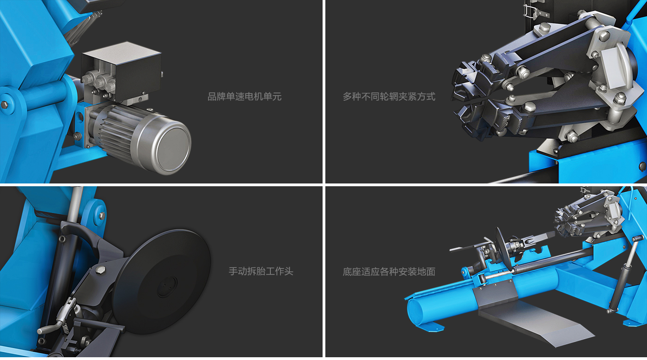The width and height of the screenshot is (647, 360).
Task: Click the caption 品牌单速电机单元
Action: [244, 97]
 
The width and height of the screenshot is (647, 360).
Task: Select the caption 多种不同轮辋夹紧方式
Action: [389, 97]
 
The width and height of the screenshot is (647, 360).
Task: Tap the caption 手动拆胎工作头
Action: [261, 271]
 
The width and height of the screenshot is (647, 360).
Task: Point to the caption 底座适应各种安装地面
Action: [389, 272]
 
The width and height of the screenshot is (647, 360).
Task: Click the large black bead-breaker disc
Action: [162, 282]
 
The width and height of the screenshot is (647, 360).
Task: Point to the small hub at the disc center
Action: [167, 287]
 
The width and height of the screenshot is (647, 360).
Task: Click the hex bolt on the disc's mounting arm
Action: [100, 270]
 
